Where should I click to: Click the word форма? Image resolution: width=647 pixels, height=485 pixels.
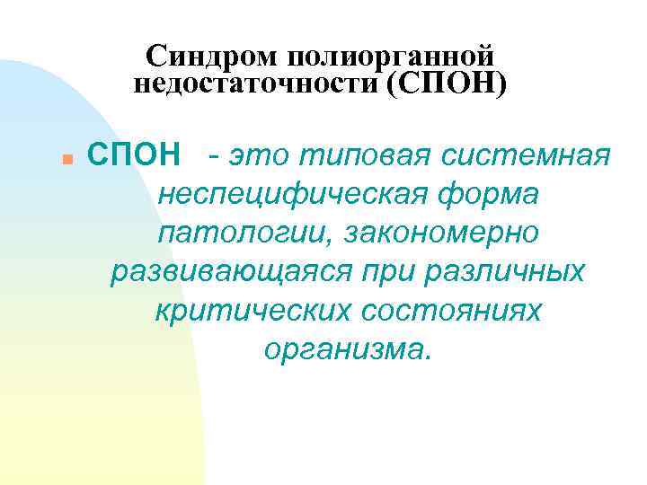pos(489,193)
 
